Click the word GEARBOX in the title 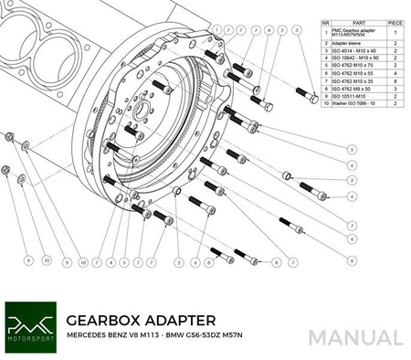(108, 321)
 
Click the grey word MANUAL (354, 337)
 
